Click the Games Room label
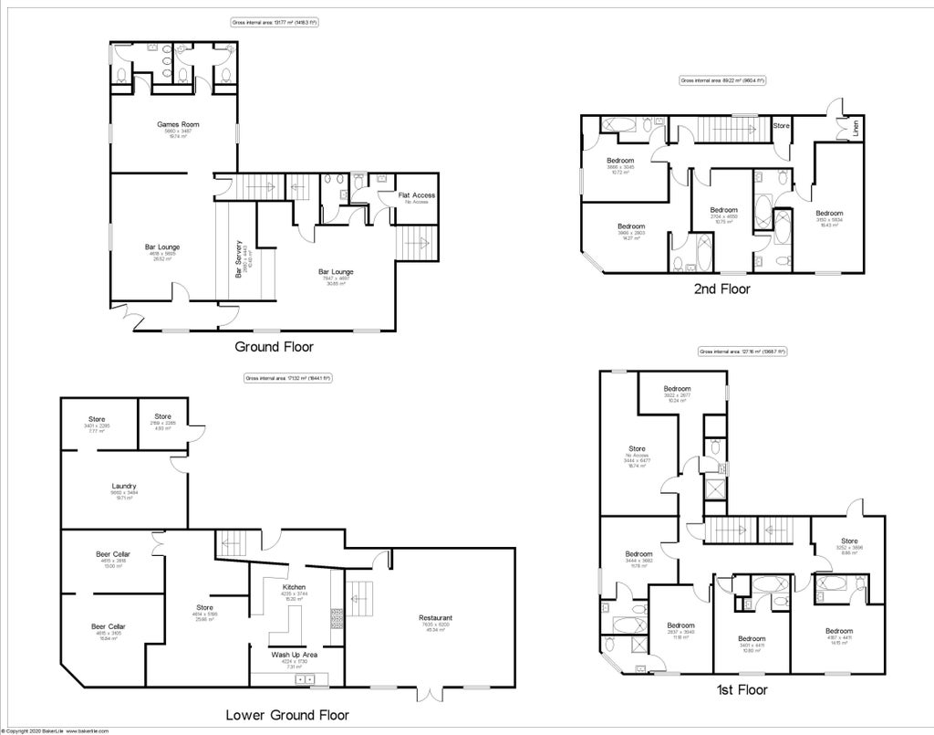pyautogui.click(x=177, y=124)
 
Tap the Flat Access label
pyautogui.click(x=417, y=195)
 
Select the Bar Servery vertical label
pyautogui.click(x=239, y=259)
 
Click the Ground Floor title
pyautogui.click(x=274, y=347)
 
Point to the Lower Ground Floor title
pyautogui.click(x=287, y=715)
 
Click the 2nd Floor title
pyautogui.click(x=721, y=289)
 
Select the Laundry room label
pyautogui.click(x=123, y=486)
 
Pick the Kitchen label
pyautogui.click(x=294, y=587)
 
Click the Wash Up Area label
pyautogui.click(x=294, y=655)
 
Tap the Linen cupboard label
pyautogui.click(x=855, y=129)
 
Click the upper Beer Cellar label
pyautogui.click(x=112, y=554)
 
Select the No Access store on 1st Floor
pyautogui.click(x=636, y=448)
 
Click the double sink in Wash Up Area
pyautogui.click(x=304, y=679)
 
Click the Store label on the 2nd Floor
pyautogui.click(x=781, y=125)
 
